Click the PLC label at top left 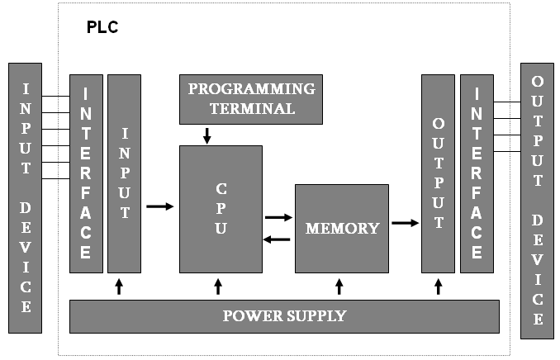102,27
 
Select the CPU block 221,209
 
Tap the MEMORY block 342,228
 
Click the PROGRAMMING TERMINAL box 251,98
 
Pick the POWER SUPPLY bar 285,316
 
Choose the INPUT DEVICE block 26,197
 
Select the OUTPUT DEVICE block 537,200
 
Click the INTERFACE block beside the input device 86,173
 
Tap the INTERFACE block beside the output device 477,173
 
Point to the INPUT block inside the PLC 125,173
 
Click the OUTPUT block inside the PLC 438,173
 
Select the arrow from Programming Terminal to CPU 207,135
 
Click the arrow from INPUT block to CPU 160,206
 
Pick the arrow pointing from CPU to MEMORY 279,217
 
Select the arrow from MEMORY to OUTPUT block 405,222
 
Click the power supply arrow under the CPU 218,287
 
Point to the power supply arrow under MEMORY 339,287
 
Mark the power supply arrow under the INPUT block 119,287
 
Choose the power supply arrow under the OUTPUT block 438,287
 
